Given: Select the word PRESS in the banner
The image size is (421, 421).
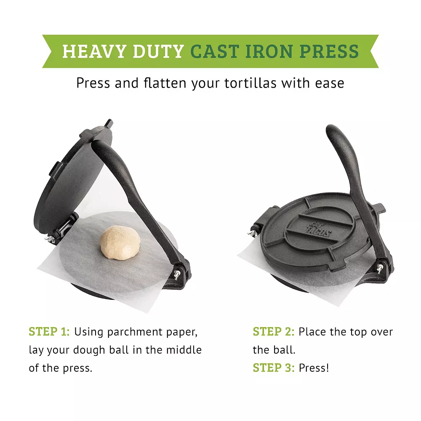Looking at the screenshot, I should coord(329,51).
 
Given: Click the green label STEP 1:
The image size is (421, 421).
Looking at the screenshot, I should coord(49,332).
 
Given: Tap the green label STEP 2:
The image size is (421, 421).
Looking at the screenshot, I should coord(273,332).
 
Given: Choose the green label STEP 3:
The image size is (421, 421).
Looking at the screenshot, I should coord(273,368).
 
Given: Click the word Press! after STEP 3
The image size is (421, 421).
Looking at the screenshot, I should coord(314,368).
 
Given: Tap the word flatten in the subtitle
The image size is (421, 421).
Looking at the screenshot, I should coord(163,83).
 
